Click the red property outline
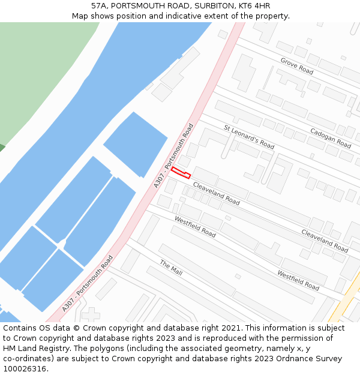tap(181, 173)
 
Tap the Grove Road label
tap(297, 65)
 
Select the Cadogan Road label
tap(331, 138)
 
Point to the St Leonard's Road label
tap(249, 137)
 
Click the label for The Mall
tap(171, 268)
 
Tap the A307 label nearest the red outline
tap(174, 155)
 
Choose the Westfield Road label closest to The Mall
tap(195, 226)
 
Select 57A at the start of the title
tap(100, 6)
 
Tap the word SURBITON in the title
tap(212, 6)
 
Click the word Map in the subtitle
tap(80, 16)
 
